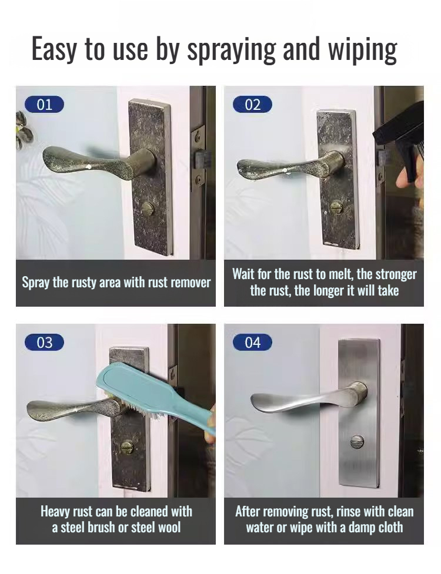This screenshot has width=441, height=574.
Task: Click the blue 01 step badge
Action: (44, 105)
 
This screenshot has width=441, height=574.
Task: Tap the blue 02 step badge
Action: (252, 105)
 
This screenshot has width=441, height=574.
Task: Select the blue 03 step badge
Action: (44, 343)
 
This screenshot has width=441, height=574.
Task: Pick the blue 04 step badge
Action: (252, 343)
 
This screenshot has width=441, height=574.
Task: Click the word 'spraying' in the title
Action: (230, 50)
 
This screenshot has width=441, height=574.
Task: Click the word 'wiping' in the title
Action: (362, 50)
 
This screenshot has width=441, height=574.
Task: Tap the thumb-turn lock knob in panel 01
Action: (148, 209)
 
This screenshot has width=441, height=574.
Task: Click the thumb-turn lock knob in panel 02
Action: (336, 207)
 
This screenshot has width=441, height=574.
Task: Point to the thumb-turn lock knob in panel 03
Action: (127, 448)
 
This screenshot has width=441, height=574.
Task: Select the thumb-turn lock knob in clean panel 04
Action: (357, 442)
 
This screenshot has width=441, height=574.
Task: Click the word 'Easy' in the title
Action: (54, 50)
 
